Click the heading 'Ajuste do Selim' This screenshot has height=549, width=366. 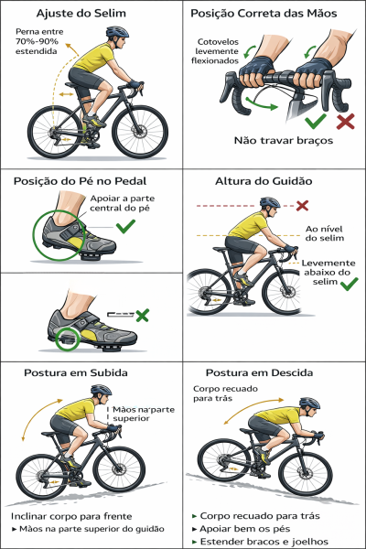[91, 14]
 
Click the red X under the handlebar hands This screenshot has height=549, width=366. [346, 122]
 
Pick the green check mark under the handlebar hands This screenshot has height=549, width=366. [316, 121]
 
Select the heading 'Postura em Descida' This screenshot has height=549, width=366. [260, 373]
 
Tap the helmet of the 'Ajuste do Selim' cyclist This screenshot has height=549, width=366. [116, 33]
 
